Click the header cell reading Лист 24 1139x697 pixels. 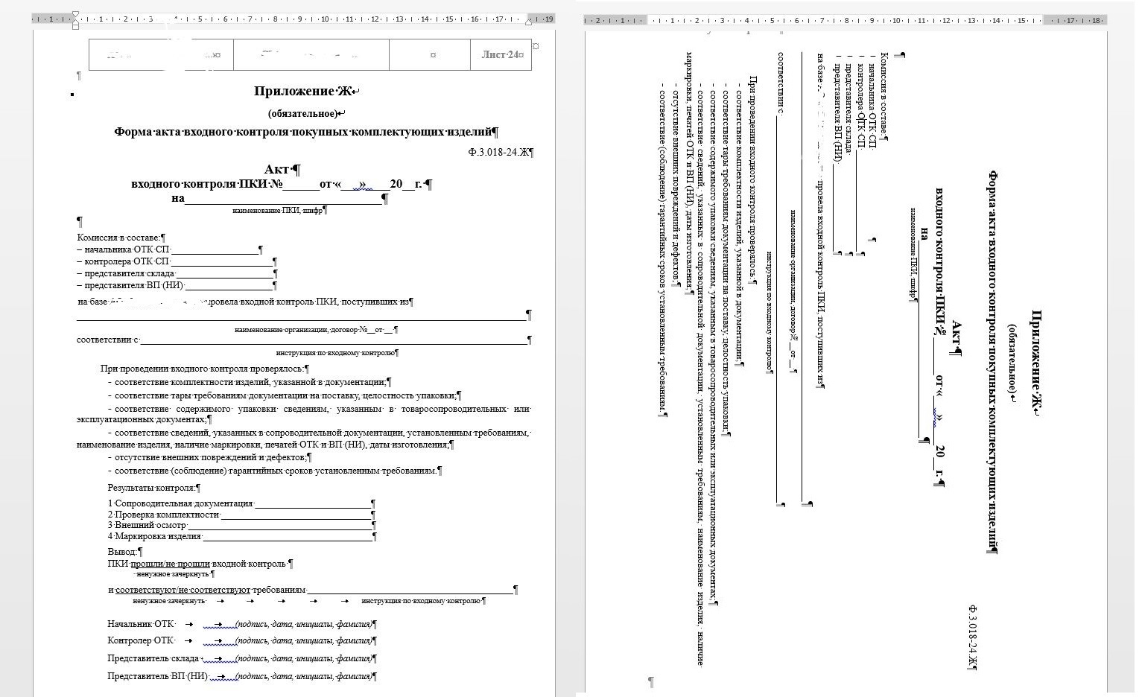pyautogui.click(x=501, y=54)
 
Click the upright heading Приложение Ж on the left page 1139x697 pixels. pyautogui.click(x=304, y=92)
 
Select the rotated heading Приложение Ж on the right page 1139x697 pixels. pyautogui.click(x=1035, y=363)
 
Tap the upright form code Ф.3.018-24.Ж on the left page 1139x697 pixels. pyautogui.click(x=498, y=152)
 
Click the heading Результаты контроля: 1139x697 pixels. pyautogui.click(x=152, y=488)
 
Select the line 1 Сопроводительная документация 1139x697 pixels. pyautogui.click(x=180, y=504)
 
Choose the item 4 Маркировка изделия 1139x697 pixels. pyautogui.click(x=154, y=535)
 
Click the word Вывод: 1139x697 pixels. pyautogui.click(x=122, y=552)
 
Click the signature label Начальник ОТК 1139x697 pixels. pyautogui.click(x=141, y=624)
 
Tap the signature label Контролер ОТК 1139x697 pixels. pyautogui.click(x=141, y=640)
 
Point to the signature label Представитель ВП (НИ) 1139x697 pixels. pyautogui.click(x=157, y=676)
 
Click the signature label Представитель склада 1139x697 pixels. pyautogui.click(x=153, y=658)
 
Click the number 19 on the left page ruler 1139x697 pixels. pyautogui.click(x=549, y=19)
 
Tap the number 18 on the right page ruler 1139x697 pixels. pyautogui.click(x=1096, y=20)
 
